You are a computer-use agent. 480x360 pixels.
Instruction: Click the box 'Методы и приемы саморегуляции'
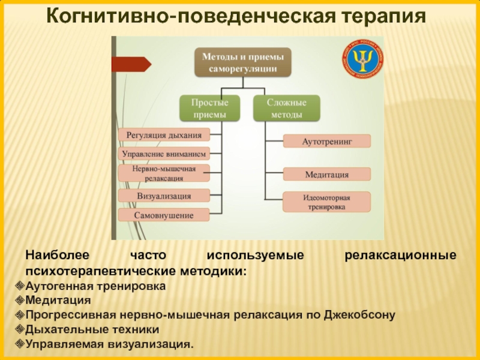(x=243, y=63)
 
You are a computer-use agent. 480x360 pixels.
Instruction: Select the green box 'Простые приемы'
(x=209, y=108)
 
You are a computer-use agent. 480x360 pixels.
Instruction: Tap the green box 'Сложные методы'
(x=286, y=108)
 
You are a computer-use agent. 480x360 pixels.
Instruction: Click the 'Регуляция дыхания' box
(x=164, y=135)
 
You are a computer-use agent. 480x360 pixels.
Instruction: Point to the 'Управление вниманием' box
(x=164, y=154)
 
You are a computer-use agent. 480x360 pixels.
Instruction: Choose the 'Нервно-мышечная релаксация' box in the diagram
(x=164, y=173)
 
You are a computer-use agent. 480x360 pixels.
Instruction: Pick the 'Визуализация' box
(x=164, y=196)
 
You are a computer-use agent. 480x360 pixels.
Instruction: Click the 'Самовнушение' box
(x=164, y=215)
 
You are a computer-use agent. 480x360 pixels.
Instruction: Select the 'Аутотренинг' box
(x=326, y=141)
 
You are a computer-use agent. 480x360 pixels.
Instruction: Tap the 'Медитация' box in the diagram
(x=326, y=174)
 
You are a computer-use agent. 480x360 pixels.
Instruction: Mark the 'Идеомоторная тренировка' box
(x=326, y=202)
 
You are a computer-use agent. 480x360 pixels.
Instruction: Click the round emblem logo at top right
(x=362, y=61)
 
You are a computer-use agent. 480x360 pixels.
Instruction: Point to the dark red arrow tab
(x=131, y=64)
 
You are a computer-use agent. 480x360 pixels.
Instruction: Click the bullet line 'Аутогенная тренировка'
(x=96, y=286)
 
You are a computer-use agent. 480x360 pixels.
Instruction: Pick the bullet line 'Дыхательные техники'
(x=93, y=329)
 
